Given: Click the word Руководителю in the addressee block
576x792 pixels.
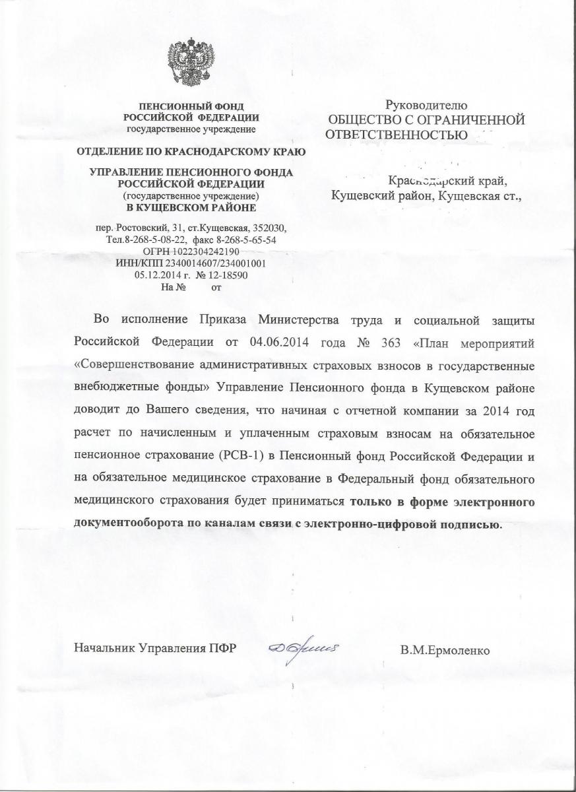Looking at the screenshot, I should [x=426, y=105].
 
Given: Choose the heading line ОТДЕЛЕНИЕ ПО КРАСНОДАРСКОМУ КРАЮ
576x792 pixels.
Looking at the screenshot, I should [x=191, y=152].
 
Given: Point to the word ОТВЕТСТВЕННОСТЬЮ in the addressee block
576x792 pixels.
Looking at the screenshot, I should [x=397, y=134].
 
